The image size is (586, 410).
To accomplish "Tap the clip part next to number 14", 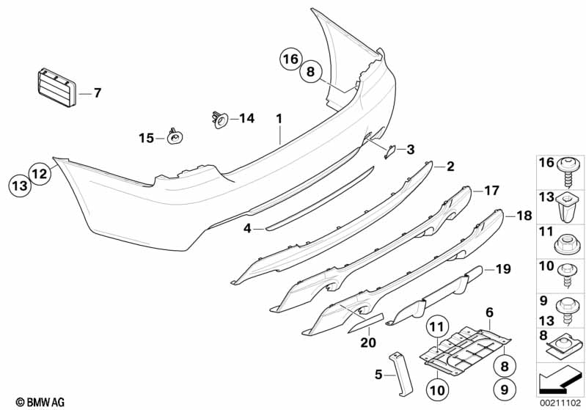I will coord(219,117).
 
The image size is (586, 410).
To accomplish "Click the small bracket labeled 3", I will coord(390,151).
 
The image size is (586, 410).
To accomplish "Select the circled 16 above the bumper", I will coord(290,58).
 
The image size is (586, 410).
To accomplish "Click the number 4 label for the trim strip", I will coord(248,229).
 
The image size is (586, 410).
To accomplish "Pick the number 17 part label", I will coord(491,190).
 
